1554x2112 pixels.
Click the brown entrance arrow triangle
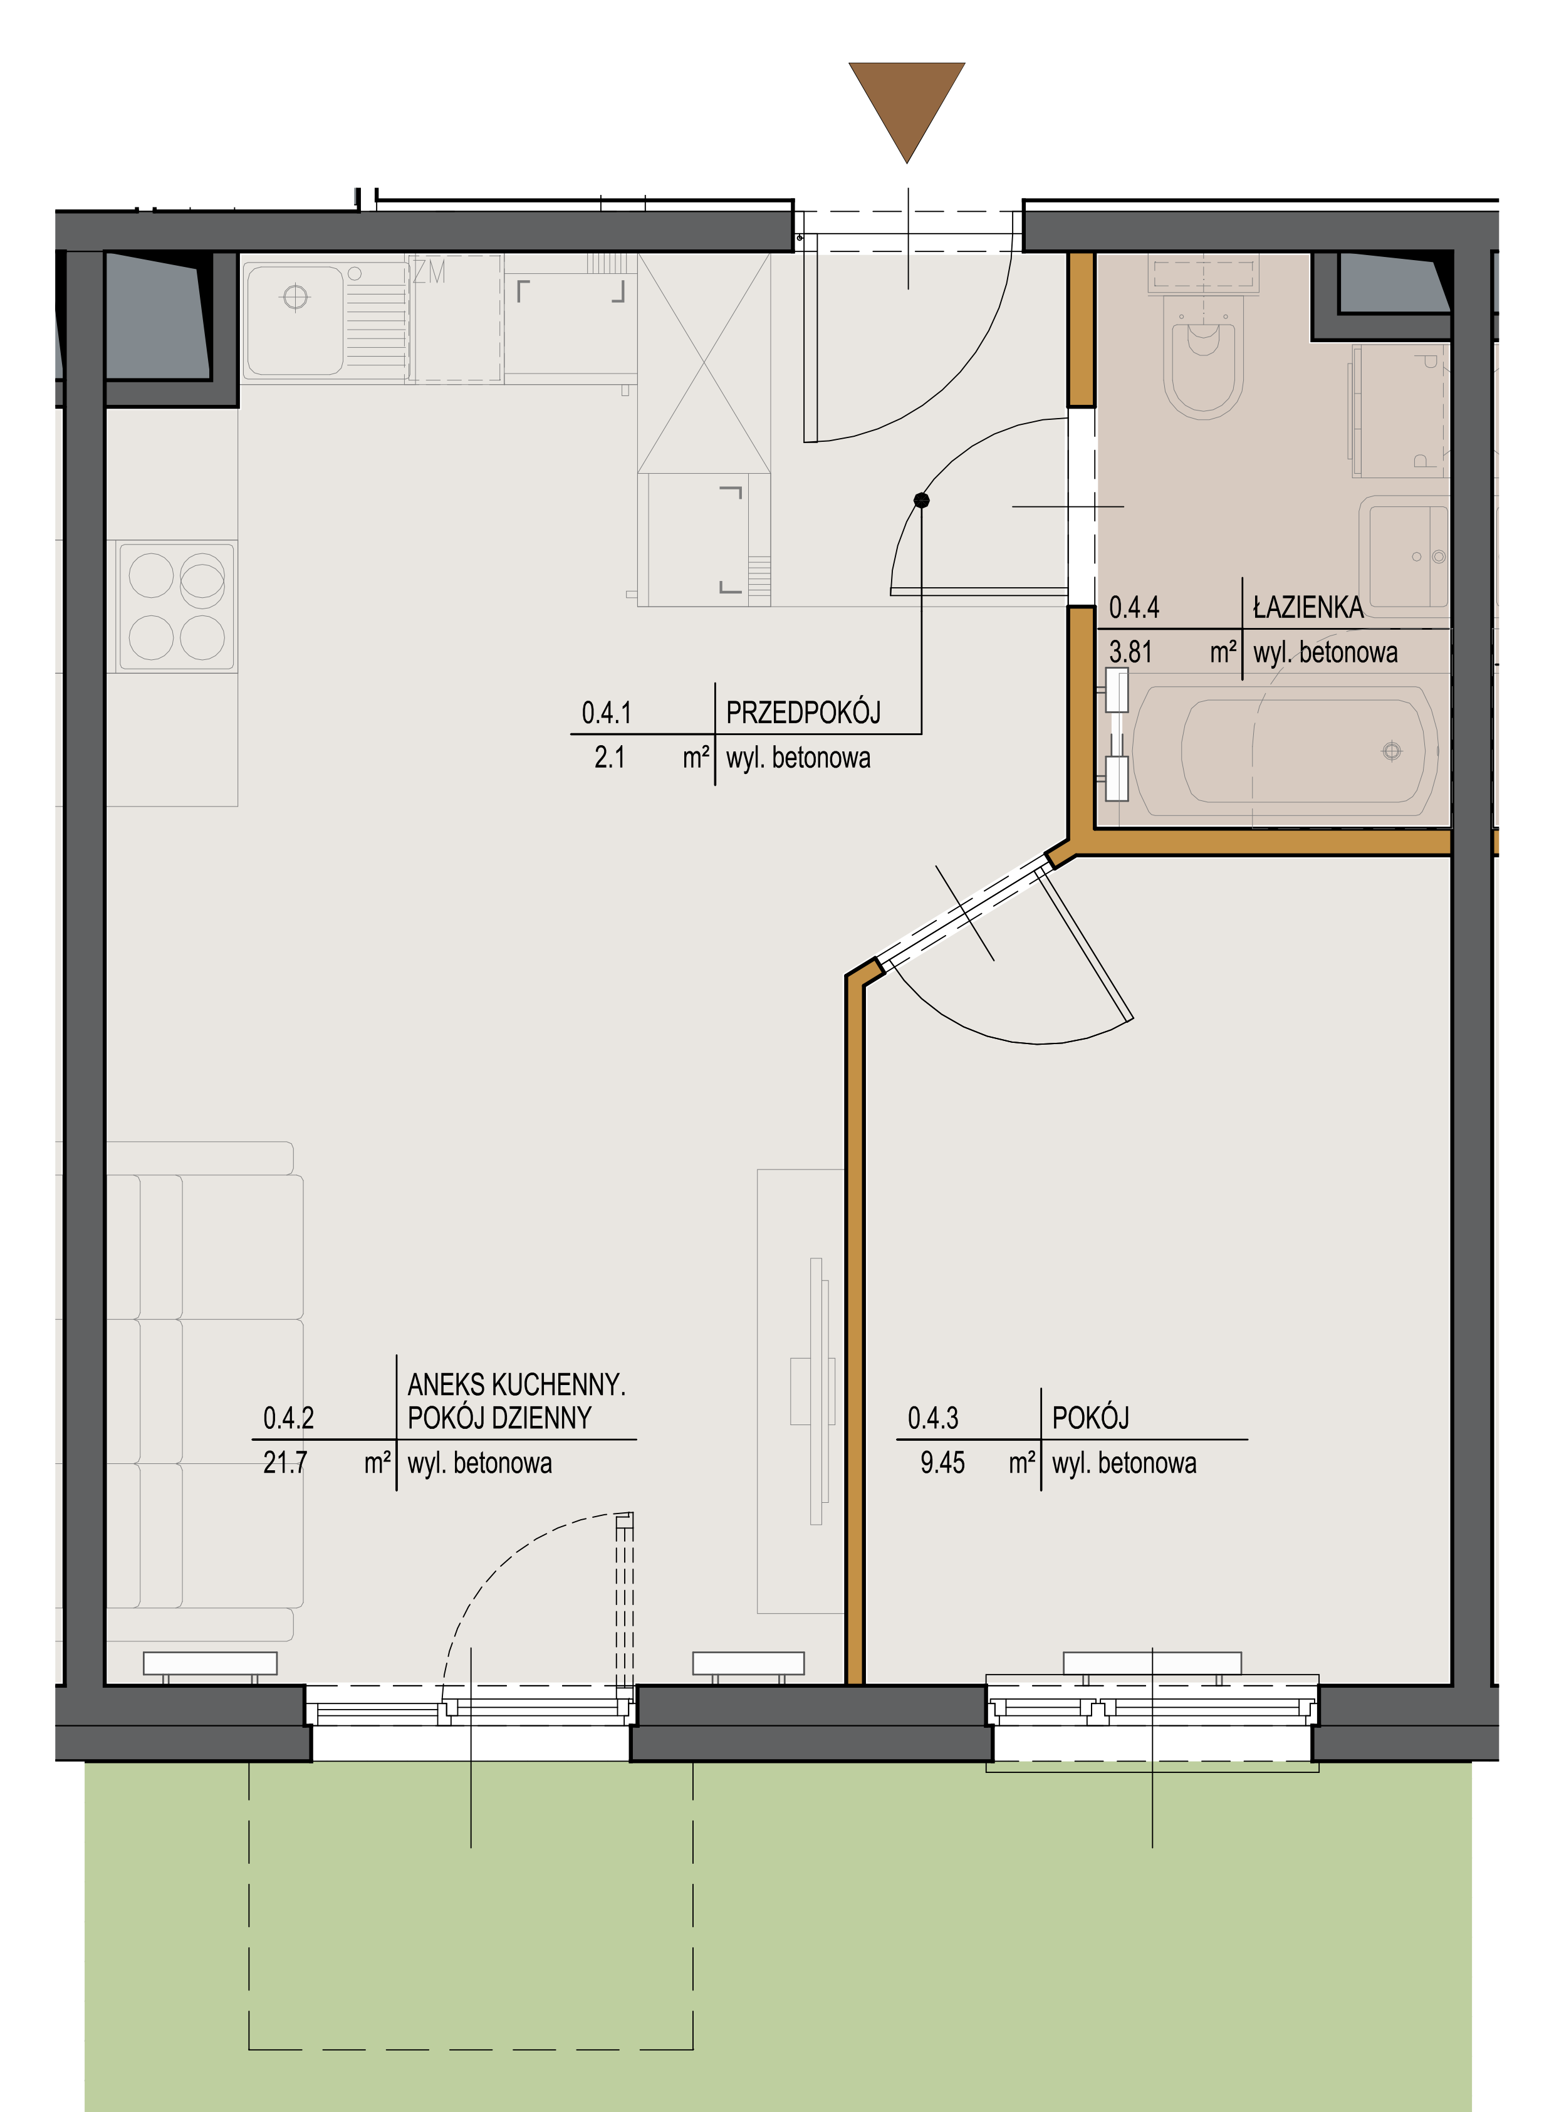[x=907, y=103]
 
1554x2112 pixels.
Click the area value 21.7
[x=285, y=1463]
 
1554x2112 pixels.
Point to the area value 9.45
[x=942, y=1463]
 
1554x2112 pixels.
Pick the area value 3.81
[x=1130, y=652]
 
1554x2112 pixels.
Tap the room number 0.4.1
[x=607, y=713]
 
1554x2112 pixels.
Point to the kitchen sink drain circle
[x=295, y=297]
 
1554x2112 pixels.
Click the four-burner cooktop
[x=177, y=607]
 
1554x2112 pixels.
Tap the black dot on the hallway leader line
[x=922, y=501]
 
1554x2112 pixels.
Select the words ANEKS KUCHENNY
[x=516, y=1385]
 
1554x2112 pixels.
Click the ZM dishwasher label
[x=429, y=272]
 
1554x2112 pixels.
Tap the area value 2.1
[x=610, y=757]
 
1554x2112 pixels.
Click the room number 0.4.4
[x=1134, y=608]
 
